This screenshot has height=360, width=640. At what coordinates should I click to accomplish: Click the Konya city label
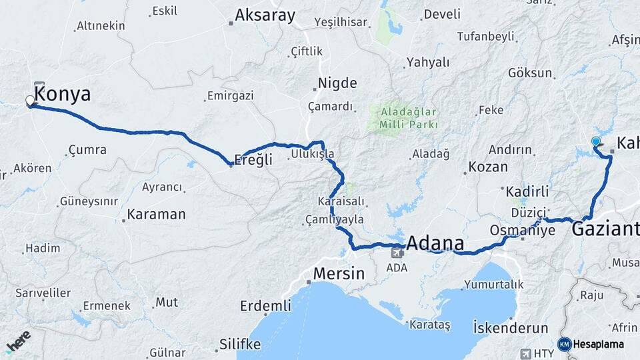[x=64, y=95]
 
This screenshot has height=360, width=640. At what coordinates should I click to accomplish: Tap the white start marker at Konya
[x=30, y=101]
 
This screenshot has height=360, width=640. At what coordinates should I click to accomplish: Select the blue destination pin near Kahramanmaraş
[x=596, y=142]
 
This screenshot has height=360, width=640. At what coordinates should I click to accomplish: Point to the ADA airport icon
[x=397, y=252]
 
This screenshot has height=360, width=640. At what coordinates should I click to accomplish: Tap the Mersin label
[x=339, y=273]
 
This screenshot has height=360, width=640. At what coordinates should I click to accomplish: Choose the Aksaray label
[x=265, y=16]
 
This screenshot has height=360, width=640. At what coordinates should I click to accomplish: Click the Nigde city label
[x=337, y=83]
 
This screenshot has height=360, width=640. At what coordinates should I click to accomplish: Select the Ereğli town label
[x=255, y=160]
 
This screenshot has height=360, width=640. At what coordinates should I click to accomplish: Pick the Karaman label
[x=156, y=215]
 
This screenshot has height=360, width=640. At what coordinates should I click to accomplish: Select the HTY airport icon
[x=525, y=353]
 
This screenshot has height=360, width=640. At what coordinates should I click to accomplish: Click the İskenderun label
[x=511, y=328]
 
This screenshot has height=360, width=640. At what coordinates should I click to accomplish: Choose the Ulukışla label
[x=313, y=155]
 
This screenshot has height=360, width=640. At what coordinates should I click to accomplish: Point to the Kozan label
[x=488, y=167]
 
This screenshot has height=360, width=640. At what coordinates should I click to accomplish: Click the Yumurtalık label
[x=495, y=285]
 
